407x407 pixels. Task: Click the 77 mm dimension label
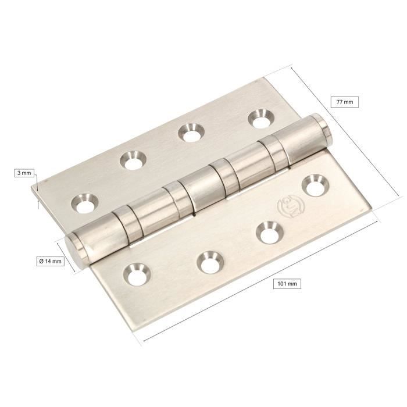(344, 102)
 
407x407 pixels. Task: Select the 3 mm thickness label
(25, 173)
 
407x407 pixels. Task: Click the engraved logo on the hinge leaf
(287, 207)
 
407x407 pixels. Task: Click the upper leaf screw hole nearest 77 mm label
(259, 119)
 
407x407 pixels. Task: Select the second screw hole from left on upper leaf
(133, 160)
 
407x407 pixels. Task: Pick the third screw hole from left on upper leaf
(188, 132)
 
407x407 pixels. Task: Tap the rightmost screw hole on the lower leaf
(315, 186)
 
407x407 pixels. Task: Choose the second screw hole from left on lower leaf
(208, 262)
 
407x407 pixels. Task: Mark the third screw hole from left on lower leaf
(267, 233)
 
